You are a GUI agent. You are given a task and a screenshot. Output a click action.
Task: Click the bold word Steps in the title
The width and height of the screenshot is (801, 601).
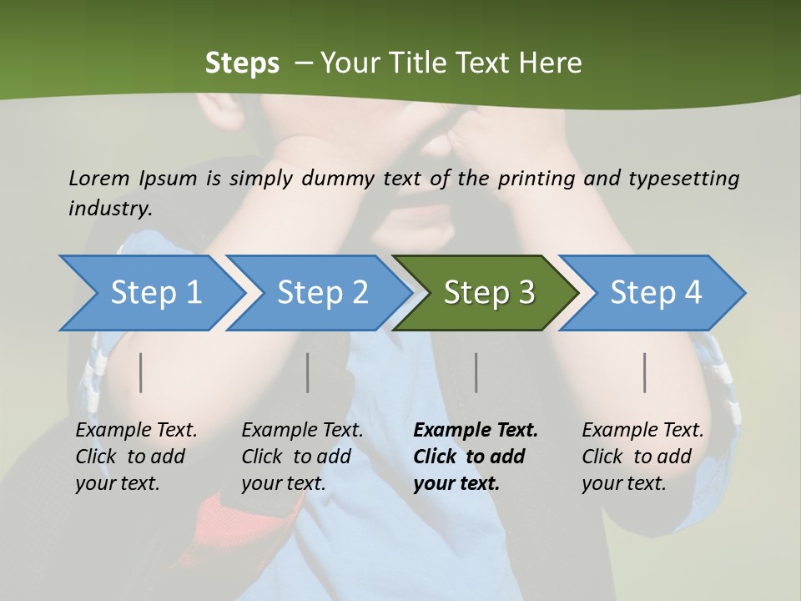pos(242,63)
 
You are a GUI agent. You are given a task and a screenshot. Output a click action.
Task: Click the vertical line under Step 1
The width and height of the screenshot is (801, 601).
pos(141,372)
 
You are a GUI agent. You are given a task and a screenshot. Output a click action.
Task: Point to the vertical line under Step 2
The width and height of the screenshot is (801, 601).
pos(308,372)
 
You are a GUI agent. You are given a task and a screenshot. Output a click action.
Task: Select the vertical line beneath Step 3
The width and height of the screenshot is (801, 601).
pos(476,372)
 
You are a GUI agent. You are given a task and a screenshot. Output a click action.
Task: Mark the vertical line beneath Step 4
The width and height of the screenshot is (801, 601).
pos(645,372)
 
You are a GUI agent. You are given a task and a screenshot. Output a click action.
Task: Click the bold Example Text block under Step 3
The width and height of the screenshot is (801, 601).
pos(476,457)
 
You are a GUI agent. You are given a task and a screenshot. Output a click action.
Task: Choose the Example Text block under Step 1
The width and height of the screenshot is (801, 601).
pos(136,457)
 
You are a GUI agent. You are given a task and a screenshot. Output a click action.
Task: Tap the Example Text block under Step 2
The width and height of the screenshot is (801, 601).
pos(302,457)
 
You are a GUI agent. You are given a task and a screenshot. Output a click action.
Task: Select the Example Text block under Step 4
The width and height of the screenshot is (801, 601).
pos(642,457)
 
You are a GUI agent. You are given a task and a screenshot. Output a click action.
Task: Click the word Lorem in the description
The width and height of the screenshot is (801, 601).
pos(99,179)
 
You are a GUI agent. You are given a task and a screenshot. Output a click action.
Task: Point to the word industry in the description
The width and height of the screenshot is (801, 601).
pos(110,209)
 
